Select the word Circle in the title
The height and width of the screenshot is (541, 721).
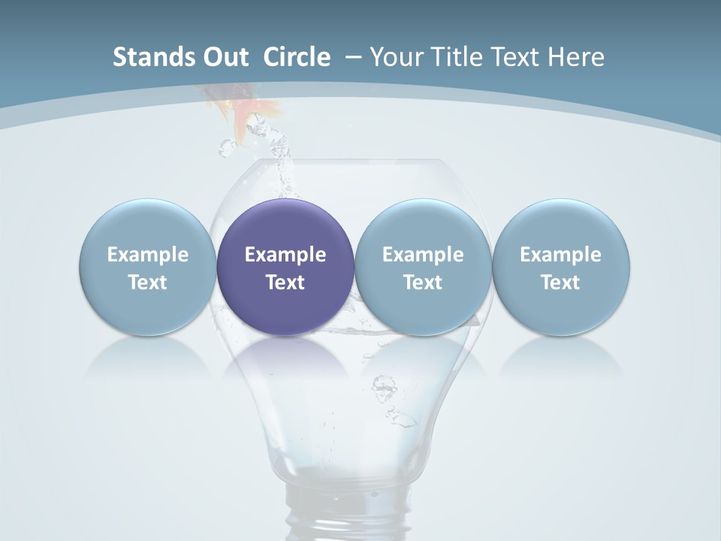coord(297,57)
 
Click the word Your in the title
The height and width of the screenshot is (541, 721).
coord(394,57)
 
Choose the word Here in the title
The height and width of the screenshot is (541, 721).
coord(577,57)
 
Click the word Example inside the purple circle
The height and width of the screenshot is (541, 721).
coord(285,255)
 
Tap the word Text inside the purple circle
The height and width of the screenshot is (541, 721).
coord(285,283)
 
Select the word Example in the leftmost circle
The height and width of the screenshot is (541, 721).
coord(148,255)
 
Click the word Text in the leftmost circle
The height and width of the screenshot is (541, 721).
coord(148,283)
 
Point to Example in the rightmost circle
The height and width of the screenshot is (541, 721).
coord(560,255)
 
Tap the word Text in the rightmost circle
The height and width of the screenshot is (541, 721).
coord(560,283)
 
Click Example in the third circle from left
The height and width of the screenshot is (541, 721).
coord(423,255)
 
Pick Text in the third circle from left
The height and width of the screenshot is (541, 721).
coord(423,283)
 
